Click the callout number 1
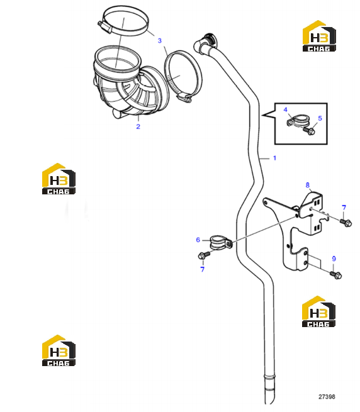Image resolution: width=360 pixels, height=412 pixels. [274, 158]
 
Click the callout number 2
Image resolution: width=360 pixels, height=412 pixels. [138, 126]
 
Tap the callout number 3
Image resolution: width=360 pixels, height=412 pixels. [160, 40]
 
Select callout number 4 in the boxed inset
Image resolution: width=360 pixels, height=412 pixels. [285, 109]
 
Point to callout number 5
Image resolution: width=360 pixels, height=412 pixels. [320, 118]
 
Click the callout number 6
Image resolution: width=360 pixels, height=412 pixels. [198, 240]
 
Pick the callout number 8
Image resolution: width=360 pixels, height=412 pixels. [307, 185]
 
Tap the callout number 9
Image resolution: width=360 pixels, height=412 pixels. [334, 259]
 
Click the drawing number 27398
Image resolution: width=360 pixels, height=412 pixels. [327, 397]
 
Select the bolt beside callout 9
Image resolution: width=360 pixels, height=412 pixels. [336, 275]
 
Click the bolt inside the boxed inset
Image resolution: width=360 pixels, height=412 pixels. [309, 131]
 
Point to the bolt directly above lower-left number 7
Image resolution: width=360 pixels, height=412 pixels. [204, 255]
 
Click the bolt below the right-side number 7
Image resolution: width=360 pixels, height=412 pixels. [346, 223]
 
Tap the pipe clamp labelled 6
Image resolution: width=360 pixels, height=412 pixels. [220, 243]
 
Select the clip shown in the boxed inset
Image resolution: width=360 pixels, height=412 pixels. [297, 121]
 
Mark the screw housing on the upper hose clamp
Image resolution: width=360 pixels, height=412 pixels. [105, 27]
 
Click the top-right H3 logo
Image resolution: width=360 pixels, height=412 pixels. [319, 36]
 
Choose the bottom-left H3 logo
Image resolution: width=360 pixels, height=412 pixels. [59, 350]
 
